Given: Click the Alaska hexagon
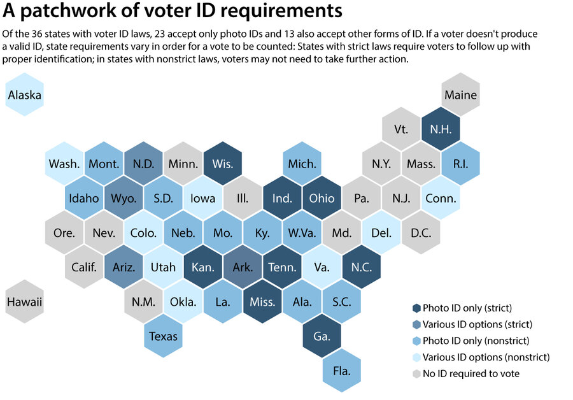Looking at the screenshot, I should click(24, 96).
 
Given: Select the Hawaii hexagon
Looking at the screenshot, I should click(24, 302).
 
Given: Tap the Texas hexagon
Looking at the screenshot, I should click(164, 336).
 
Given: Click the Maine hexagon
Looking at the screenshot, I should click(460, 96).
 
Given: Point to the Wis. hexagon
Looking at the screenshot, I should click(223, 164).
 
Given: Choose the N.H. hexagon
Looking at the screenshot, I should click(441, 130).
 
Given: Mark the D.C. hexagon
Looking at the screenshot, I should click(421, 232).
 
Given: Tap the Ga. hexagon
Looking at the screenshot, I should click(322, 336).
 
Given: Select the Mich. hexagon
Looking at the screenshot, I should click(302, 164).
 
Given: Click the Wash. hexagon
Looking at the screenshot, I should click(64, 164).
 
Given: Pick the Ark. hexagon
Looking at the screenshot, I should click(243, 267).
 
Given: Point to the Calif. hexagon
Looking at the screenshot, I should click(84, 267).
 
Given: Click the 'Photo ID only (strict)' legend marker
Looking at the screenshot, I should click(416, 308).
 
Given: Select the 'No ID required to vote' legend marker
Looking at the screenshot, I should click(416, 374).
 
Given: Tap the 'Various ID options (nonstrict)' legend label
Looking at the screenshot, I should click(486, 357).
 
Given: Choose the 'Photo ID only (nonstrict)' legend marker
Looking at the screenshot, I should click(416, 341).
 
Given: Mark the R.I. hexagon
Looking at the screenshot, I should click(460, 164).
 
